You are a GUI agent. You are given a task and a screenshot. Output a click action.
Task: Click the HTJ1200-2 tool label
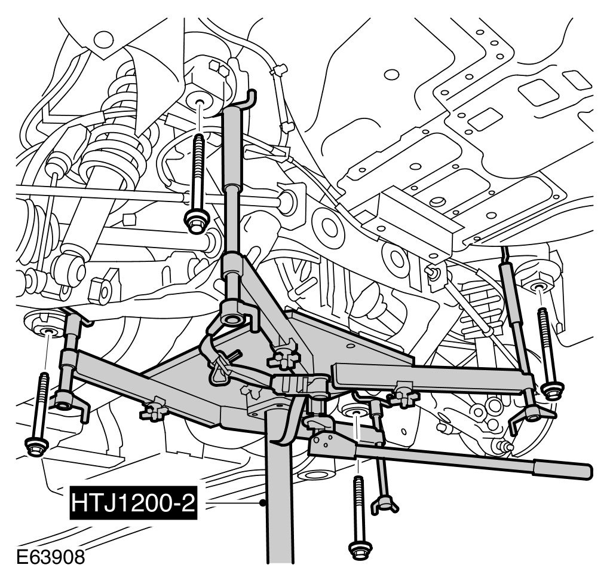(133, 502)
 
